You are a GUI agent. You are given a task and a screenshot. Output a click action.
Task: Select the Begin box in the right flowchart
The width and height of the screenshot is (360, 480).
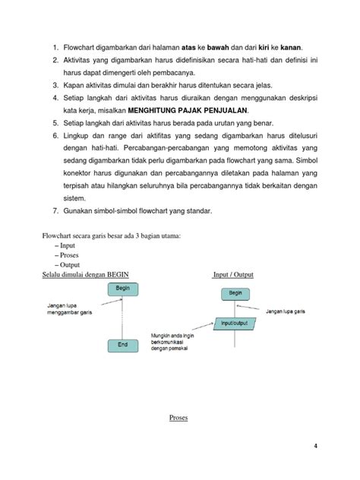(235, 292)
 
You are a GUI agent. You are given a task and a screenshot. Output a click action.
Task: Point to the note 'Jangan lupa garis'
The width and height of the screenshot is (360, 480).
(293, 310)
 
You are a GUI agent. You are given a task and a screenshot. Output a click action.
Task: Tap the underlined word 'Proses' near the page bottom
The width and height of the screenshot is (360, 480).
(178, 418)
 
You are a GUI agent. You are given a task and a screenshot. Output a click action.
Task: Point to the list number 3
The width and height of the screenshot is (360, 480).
(55, 85)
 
